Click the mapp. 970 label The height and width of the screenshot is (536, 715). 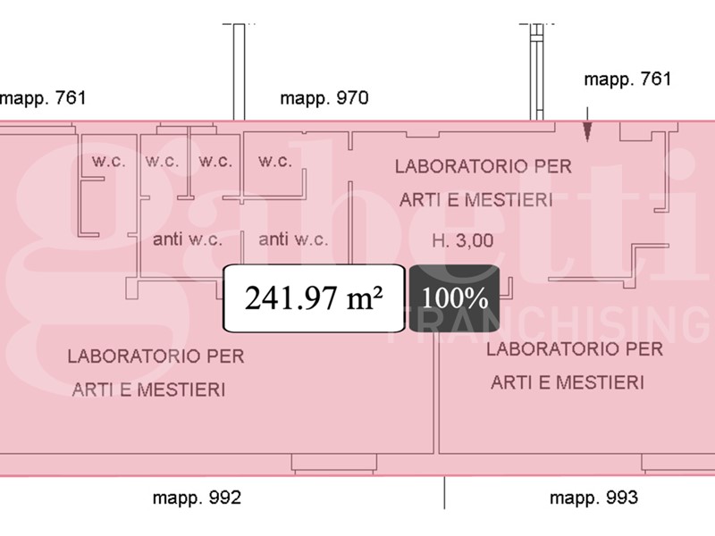324,98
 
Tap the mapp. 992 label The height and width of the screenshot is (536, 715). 197,498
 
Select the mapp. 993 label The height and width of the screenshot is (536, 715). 593,498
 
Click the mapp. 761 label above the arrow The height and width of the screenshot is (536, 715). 627,80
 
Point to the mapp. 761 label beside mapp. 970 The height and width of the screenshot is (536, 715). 42,98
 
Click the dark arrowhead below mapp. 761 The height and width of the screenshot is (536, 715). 587,132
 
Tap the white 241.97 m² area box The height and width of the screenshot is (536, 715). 314,298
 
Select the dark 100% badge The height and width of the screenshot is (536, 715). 454,298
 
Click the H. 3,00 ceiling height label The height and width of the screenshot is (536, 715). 462,240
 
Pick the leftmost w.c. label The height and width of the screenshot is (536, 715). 108,161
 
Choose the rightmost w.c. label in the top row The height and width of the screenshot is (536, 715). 275,161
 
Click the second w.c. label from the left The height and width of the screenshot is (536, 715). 162,161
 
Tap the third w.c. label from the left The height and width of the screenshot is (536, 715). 215,161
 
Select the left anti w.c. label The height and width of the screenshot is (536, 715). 188,239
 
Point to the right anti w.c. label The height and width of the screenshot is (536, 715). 293,239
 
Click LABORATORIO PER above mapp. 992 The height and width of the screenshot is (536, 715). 156,356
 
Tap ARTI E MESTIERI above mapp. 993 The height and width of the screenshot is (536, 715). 568,382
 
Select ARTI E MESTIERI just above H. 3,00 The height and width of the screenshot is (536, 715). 476,200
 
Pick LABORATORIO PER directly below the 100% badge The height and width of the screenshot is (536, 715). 575,349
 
